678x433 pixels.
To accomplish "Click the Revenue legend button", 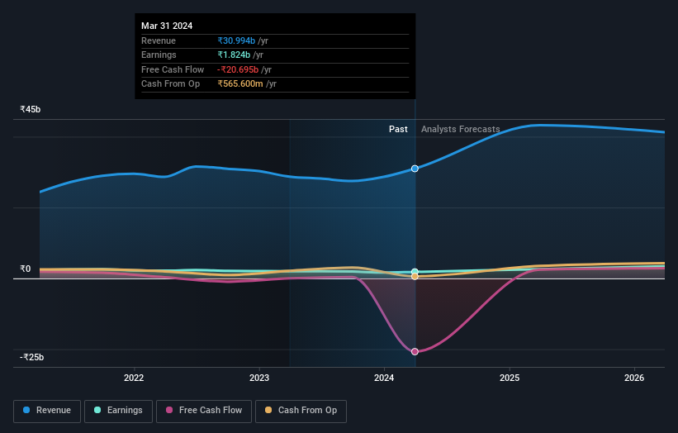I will pos(47,410).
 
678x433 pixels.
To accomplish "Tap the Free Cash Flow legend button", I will pos(202,410).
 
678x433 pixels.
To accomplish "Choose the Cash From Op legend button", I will pos(301,410).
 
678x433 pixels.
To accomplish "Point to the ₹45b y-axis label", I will pos(31,109).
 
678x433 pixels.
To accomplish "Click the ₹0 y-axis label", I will pos(25,269).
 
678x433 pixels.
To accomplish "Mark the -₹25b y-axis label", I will pos(31,357).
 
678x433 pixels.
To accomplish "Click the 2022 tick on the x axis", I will pos(134,378).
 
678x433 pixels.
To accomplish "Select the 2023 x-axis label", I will pos(259,378).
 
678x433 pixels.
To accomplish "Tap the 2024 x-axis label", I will pos(384,378).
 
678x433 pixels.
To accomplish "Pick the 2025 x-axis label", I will pos(510,378).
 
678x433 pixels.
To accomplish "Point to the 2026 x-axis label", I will pos(634,378).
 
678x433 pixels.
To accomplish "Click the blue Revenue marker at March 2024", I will pos(415,169).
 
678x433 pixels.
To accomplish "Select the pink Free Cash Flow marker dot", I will pos(415,352).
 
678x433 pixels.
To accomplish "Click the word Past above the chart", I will pos(398,129).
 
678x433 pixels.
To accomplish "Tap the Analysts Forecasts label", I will pos(460,129).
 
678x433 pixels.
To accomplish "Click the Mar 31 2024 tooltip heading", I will pos(167,26).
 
